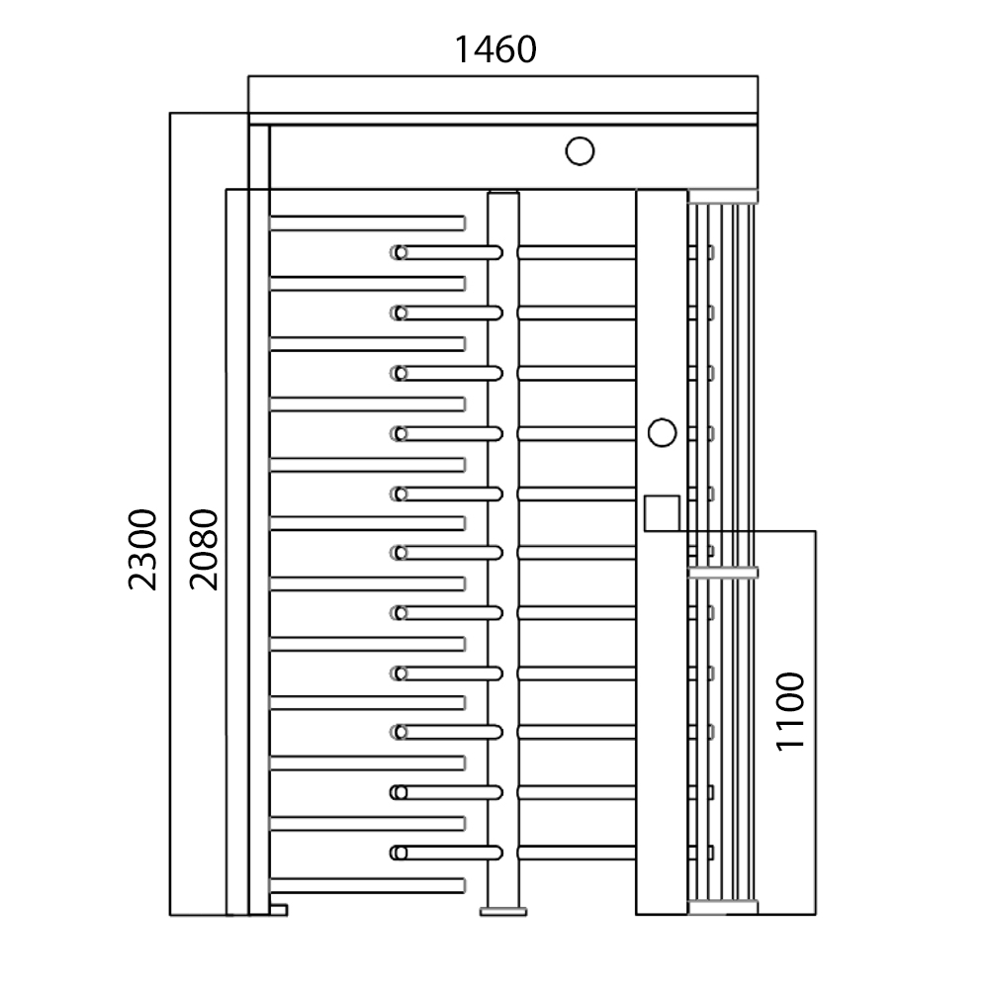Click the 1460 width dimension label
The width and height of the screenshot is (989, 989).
(494, 48)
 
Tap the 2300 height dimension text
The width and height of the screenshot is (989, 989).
(142, 549)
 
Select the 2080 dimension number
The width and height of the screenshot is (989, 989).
(204, 549)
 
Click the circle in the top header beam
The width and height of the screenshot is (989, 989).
(580, 151)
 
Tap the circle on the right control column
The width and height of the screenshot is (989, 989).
(662, 432)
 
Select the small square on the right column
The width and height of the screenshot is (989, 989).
(662, 512)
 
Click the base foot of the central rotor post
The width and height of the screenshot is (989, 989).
(503, 910)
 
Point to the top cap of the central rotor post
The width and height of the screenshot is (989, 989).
(503, 193)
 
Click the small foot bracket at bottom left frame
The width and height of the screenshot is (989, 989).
(279, 908)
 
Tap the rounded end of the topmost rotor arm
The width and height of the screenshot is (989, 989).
(399, 252)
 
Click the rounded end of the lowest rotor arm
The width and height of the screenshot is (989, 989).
(399, 852)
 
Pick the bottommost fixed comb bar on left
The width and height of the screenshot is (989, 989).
(366, 882)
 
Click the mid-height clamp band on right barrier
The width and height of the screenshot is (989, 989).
(723, 572)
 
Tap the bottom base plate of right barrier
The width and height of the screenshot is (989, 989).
(723, 907)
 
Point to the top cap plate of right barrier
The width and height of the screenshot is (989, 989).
(723, 195)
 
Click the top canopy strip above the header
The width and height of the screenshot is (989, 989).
(502, 95)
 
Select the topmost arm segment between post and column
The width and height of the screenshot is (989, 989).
(576, 252)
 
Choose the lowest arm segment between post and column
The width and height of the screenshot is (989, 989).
(576, 852)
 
